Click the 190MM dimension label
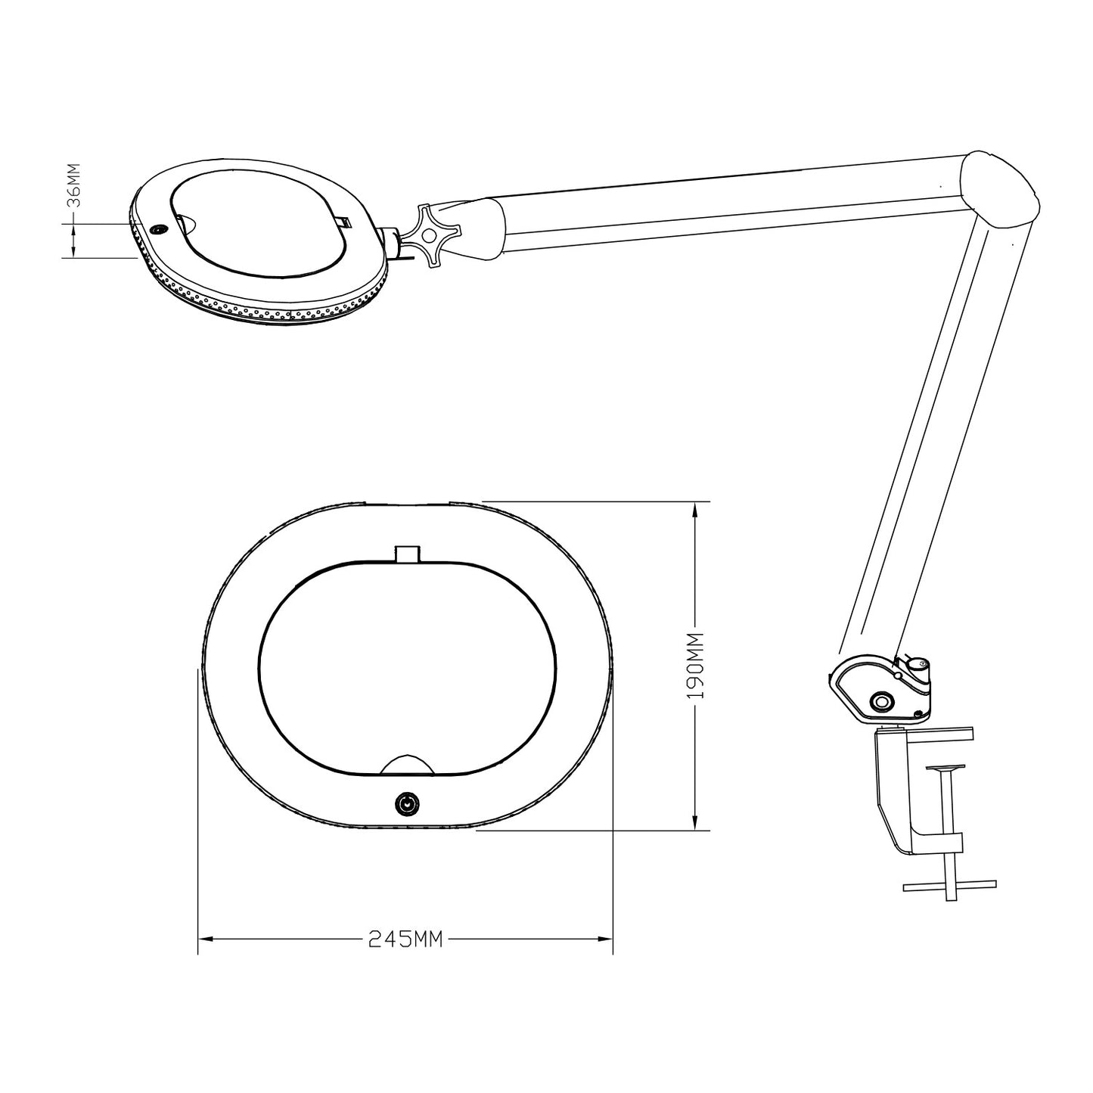pyautogui.click(x=695, y=666)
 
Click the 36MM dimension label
pyautogui.click(x=73, y=186)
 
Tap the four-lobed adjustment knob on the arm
pyautogui.click(x=433, y=234)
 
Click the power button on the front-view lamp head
pyautogui.click(x=407, y=804)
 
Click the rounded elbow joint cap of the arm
pyautogui.click(x=1000, y=188)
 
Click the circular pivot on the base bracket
pyautogui.click(x=882, y=702)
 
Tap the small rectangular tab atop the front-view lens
pyautogui.click(x=408, y=554)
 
